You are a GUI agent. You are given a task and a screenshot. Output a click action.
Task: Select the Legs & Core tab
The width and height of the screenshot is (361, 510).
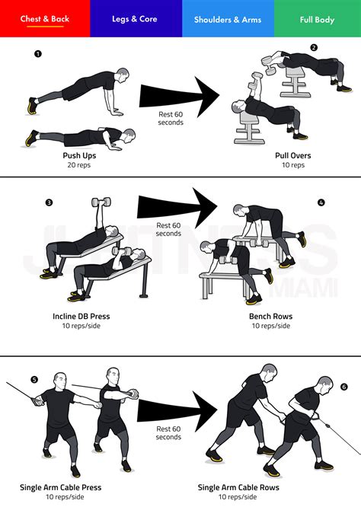pyautogui.click(x=136, y=19)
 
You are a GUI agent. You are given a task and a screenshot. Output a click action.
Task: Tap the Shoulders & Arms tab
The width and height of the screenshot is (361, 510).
pyautogui.click(x=227, y=19)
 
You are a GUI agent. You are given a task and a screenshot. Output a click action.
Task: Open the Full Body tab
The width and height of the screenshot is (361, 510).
pyautogui.click(x=317, y=19)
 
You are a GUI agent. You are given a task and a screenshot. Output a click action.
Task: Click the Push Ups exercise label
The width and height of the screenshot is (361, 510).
pyautogui.click(x=78, y=155)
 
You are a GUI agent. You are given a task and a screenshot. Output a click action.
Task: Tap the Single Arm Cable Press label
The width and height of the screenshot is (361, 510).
pyautogui.click(x=61, y=487)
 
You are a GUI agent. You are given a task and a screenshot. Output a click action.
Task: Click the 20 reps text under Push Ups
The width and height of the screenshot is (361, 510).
pyautogui.click(x=78, y=165)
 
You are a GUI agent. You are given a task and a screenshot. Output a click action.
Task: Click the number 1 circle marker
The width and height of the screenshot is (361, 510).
pyautogui.click(x=38, y=54)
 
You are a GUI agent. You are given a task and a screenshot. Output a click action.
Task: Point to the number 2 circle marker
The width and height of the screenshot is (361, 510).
pyautogui.click(x=314, y=47)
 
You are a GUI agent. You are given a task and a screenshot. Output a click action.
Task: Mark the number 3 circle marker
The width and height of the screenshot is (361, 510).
pyautogui.click(x=49, y=202)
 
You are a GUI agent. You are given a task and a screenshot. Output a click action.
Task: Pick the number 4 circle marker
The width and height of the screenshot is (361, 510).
pyautogui.click(x=321, y=202)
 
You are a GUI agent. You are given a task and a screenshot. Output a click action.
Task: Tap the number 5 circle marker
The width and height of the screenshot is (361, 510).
pyautogui.click(x=34, y=379)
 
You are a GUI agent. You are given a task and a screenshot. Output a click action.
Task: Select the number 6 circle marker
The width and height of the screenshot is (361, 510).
pyautogui.click(x=344, y=387)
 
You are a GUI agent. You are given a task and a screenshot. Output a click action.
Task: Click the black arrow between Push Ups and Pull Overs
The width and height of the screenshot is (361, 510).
pyautogui.click(x=179, y=95)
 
